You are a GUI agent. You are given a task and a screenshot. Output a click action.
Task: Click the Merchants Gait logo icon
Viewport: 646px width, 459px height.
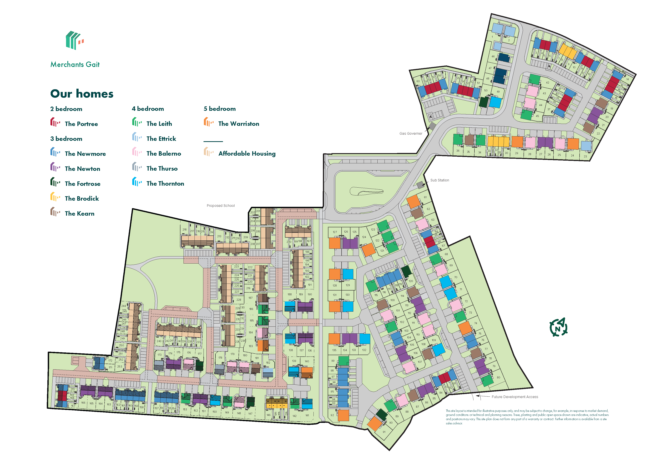tap(74, 40)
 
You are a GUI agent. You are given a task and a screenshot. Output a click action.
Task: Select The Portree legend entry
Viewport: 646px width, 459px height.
tap(81, 124)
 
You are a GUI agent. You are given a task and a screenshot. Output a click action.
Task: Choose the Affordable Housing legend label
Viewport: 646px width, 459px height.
tap(247, 154)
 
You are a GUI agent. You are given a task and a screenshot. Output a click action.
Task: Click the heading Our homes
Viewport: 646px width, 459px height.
tap(82, 93)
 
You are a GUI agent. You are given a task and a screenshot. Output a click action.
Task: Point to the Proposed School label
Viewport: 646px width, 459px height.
tap(221, 205)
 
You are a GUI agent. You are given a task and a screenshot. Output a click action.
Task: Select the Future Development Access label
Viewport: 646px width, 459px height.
tap(514, 397)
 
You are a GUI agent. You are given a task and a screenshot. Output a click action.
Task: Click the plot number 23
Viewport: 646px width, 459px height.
tap(585, 156)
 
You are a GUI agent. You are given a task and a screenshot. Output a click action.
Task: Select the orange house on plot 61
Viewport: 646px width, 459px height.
tap(413, 202)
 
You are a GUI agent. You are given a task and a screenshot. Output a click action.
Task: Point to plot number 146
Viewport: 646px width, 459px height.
tap(268, 415)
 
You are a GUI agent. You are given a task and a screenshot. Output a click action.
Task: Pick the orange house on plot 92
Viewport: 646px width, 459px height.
tap(343, 415)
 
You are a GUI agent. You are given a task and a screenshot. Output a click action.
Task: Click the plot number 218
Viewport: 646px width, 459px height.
tap(184, 229)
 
